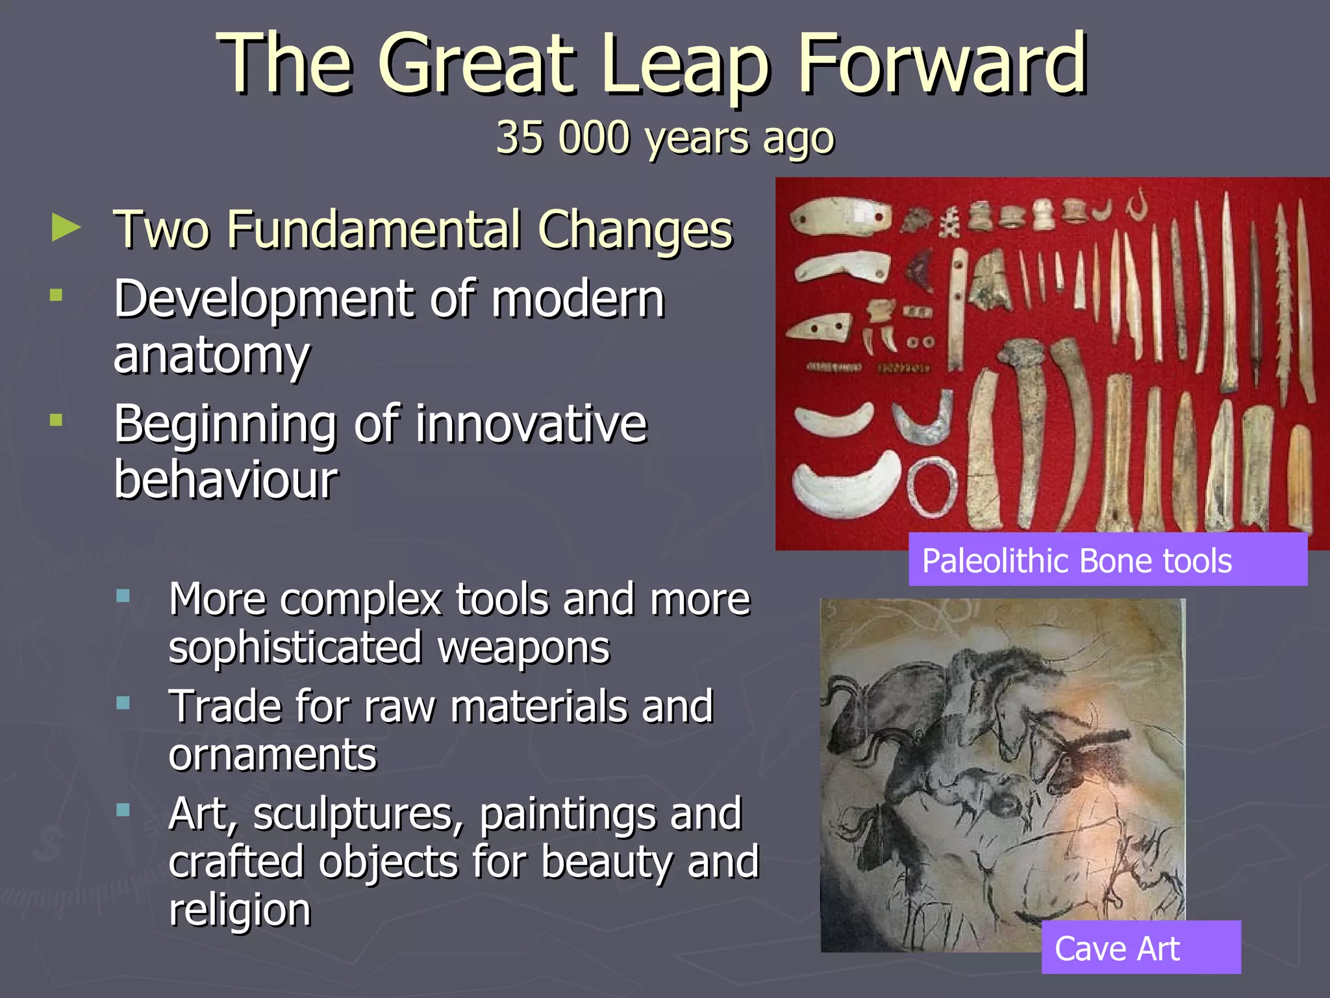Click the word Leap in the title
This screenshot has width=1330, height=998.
click(685, 65)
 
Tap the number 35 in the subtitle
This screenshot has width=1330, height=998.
click(520, 138)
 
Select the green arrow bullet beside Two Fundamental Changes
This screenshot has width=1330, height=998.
click(66, 228)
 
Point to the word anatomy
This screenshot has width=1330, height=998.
click(212, 357)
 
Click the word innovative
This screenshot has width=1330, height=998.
click(531, 424)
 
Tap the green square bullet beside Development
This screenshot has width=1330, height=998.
click(56, 296)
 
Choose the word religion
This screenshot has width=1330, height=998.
click(240, 910)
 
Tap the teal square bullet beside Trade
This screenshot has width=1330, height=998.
click(123, 703)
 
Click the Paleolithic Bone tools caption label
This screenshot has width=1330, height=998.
click(1107, 559)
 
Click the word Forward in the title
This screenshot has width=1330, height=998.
click(942, 65)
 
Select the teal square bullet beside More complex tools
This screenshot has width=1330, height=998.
click(123, 596)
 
